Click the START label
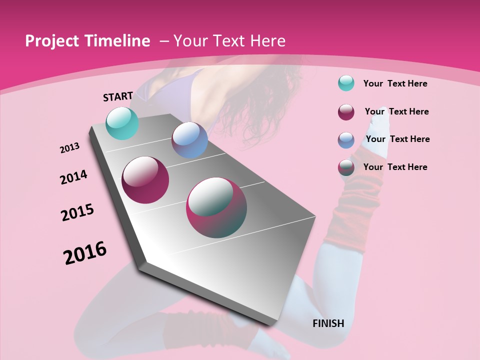118,96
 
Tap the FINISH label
328,323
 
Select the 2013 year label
69,148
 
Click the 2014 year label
73,177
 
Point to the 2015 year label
77,212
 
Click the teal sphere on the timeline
122,123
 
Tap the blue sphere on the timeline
189,140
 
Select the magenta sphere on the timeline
145,180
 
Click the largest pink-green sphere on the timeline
216,207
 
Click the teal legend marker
346,83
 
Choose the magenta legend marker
346,112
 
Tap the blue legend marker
346,140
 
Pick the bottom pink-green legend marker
346,167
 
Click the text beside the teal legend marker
395,83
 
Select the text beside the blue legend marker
397,139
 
